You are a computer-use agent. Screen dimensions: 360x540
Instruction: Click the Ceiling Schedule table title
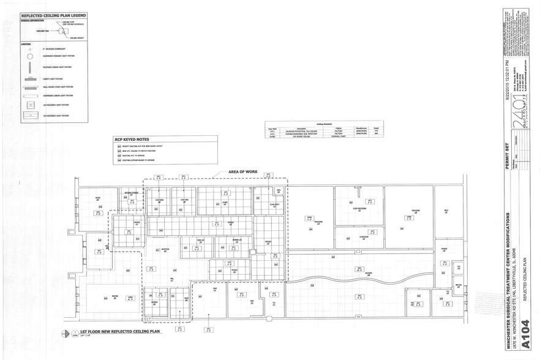click(x=324, y=124)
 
